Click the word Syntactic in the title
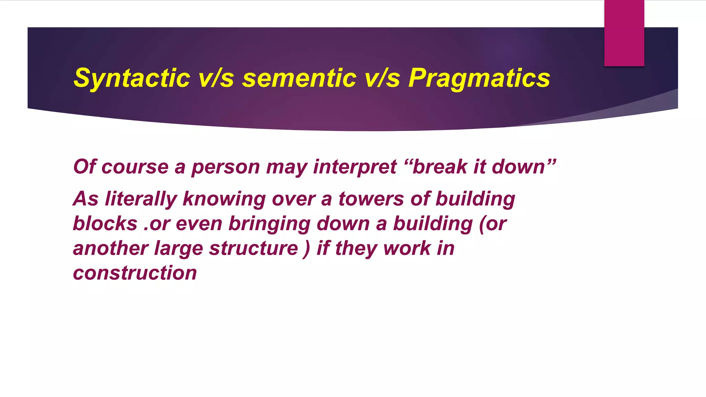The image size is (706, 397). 132,78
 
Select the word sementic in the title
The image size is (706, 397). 299,78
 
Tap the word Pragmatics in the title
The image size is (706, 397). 479,78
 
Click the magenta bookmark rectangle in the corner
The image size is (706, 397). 624,33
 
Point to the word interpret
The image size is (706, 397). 355,167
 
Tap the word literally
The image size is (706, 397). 141,199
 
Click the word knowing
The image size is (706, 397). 224,199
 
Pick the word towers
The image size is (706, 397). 371,199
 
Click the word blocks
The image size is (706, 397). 105,224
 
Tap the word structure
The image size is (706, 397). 253,248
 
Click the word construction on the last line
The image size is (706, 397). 135,273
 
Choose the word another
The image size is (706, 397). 110,248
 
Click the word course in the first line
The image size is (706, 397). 135,167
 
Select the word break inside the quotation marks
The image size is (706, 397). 440,167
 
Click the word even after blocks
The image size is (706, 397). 199,224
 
